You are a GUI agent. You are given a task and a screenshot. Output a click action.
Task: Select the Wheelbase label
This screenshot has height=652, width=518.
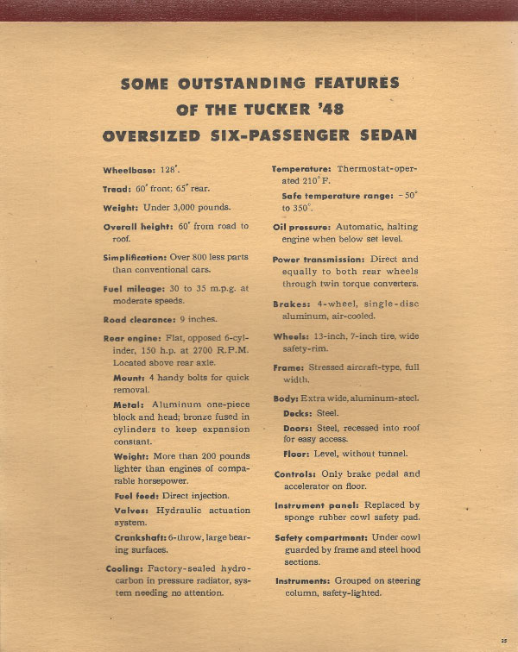click(129, 170)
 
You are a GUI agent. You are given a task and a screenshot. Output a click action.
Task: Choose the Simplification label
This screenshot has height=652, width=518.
click(136, 258)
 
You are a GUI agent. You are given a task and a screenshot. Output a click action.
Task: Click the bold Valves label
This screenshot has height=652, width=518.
click(131, 510)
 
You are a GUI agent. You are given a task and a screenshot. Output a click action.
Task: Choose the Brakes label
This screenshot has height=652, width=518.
click(291, 304)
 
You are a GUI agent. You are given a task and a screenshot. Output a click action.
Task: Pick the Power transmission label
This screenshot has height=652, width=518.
click(319, 259)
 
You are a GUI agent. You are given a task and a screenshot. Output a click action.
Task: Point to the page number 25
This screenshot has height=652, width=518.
click(503, 640)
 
